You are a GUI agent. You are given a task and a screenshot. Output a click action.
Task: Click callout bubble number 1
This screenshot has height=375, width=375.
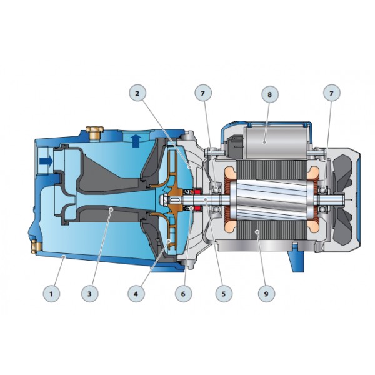[51, 294]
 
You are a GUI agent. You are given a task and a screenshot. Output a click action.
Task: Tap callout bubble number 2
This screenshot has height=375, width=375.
[137, 93]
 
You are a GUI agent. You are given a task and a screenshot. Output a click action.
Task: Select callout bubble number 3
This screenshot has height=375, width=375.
[89, 294]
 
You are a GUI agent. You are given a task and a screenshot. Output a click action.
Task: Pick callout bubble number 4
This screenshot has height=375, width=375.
[136, 294]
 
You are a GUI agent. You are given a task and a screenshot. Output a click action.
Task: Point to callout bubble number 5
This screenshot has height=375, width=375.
[224, 294]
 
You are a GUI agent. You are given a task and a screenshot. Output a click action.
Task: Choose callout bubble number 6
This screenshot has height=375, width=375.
[183, 294]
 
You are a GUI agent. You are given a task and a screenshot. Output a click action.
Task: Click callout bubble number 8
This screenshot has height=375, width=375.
[270, 94]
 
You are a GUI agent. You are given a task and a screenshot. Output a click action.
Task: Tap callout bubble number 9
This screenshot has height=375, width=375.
[266, 294]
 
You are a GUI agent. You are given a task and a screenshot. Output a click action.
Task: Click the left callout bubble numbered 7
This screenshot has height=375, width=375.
[203, 93]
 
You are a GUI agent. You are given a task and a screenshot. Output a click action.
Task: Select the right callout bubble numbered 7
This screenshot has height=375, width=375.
[331, 93]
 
